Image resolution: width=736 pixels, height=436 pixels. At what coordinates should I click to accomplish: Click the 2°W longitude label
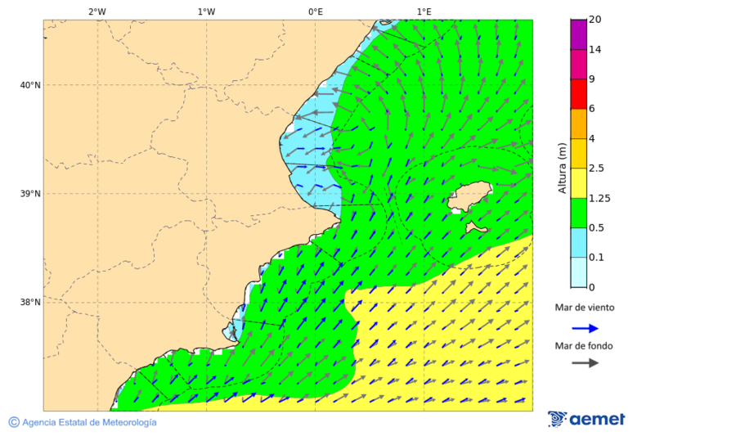pyautogui.click(x=96, y=11)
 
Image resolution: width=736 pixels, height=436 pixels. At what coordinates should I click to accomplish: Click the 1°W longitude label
pyautogui.click(x=206, y=11)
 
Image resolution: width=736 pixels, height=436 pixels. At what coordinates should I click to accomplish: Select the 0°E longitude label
pyautogui.click(x=315, y=11)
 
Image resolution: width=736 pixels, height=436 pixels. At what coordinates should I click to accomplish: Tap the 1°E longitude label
pyautogui.click(x=424, y=11)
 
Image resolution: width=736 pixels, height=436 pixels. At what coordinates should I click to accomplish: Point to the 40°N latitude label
pyautogui.click(x=30, y=85)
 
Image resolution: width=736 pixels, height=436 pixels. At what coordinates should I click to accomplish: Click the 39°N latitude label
pyautogui.click(x=30, y=194)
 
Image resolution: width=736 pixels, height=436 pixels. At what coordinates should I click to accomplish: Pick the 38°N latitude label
pyautogui.click(x=30, y=303)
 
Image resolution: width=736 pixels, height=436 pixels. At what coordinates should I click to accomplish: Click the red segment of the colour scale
pyautogui.click(x=579, y=93)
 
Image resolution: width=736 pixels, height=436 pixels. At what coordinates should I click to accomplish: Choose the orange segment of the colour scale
pyautogui.click(x=579, y=124)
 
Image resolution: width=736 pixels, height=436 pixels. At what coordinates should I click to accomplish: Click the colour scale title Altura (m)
pyautogui.click(x=562, y=169)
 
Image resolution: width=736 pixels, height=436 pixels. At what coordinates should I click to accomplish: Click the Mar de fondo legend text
pyautogui.click(x=583, y=345)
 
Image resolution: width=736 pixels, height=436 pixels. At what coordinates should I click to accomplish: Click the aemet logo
pyautogui.click(x=586, y=420)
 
